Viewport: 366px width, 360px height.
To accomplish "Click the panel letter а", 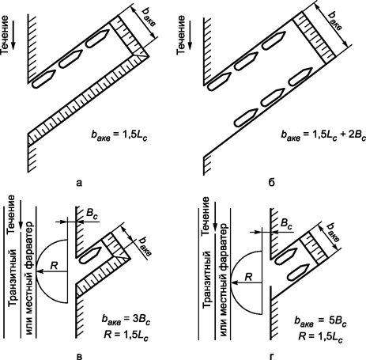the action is (79, 183).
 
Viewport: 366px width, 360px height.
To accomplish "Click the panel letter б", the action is (272, 182).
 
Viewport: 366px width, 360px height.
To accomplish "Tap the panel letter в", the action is (79, 356).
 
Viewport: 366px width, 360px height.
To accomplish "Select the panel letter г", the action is (272, 356).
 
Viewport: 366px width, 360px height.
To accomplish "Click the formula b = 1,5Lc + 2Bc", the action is (323, 135).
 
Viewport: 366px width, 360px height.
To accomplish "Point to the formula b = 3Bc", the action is (126, 320).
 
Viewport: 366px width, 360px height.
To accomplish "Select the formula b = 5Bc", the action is (320, 322).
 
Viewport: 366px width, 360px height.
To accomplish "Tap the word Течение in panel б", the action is (180, 35).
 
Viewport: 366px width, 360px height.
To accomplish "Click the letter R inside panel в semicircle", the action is (54, 265).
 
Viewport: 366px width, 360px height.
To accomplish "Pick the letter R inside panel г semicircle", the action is (248, 277).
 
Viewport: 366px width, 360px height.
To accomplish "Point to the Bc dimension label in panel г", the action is (286, 224).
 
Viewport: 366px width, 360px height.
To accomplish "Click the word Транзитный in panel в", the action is (13, 279).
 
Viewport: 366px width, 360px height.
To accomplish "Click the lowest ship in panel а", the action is (43, 79).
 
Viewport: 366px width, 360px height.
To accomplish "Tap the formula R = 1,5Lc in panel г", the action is (321, 337).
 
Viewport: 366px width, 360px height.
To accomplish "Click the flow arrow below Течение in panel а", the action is (13, 37).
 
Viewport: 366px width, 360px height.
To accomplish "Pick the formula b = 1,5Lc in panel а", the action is (118, 136).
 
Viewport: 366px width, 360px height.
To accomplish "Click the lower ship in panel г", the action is (297, 273).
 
